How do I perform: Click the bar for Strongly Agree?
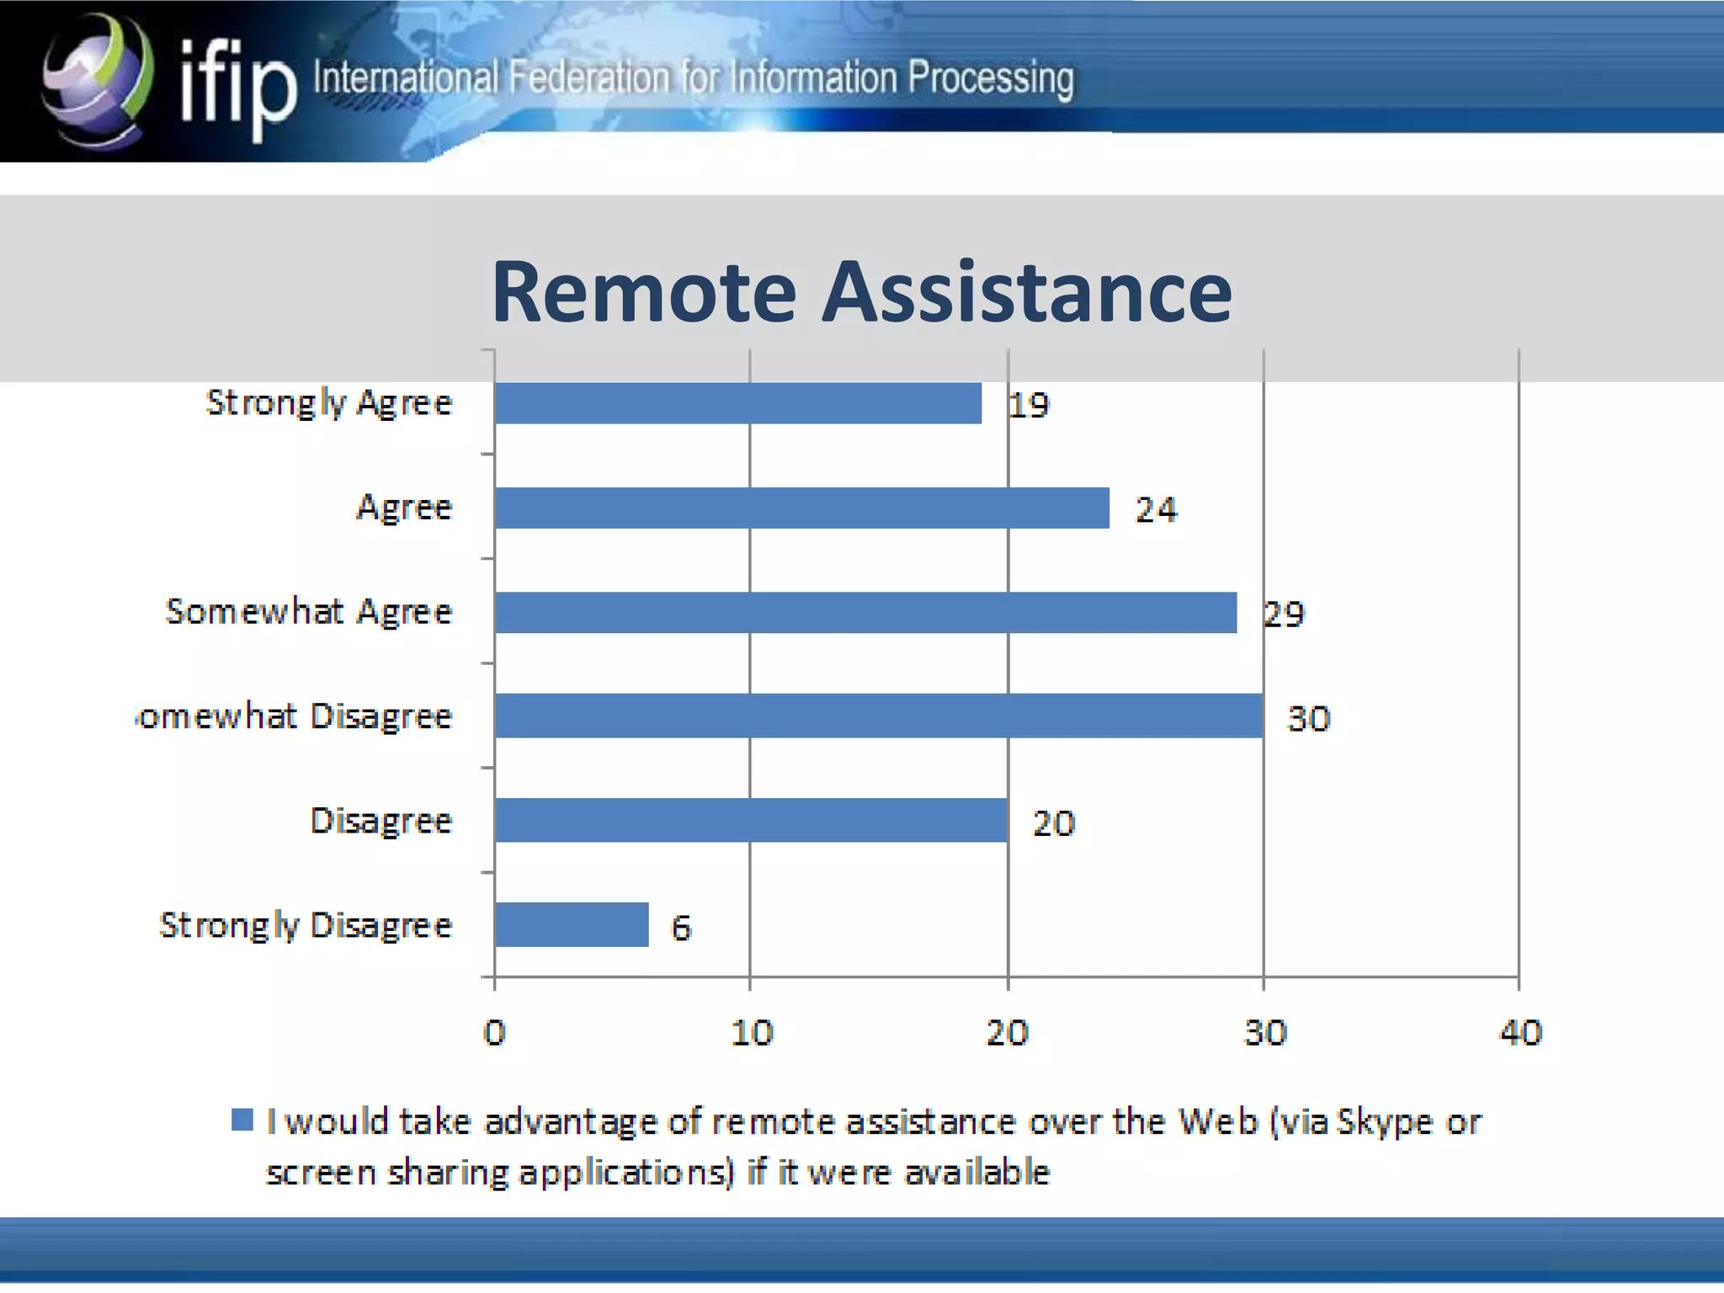[738, 403]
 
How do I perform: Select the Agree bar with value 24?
[802, 508]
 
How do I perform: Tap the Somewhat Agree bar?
[866, 612]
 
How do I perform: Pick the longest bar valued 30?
[879, 716]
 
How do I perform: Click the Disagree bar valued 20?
[751, 821]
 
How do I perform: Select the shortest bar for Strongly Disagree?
[572, 925]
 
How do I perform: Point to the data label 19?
[1030, 406]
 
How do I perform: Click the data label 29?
[1285, 615]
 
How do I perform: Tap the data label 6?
[681, 928]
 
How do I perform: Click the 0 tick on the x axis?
[494, 1032]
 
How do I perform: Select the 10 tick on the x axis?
[751, 1032]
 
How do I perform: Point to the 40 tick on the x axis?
[1520, 1032]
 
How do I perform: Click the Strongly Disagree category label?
[306, 925]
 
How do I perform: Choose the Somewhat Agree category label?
[309, 612]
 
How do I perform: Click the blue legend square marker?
[242, 1120]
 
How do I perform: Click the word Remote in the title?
[644, 292]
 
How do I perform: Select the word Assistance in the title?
[1027, 292]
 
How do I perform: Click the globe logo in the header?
[98, 80]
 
